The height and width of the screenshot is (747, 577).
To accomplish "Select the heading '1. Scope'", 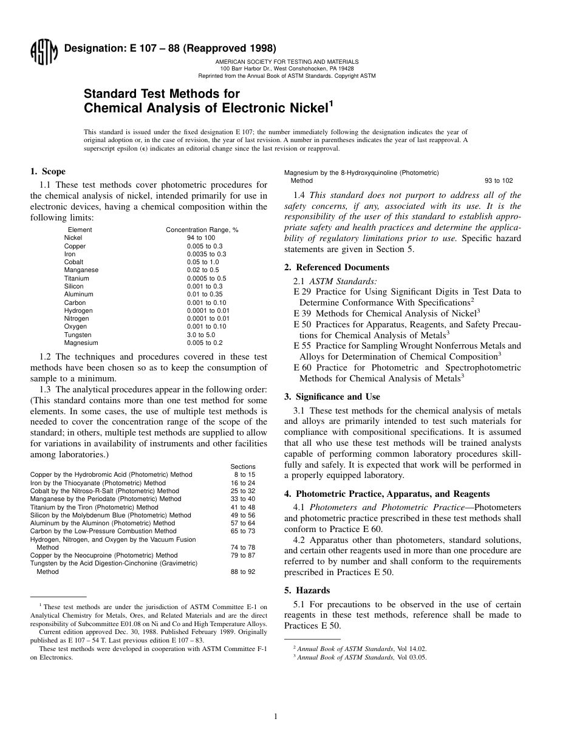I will pyautogui.click(x=48, y=172).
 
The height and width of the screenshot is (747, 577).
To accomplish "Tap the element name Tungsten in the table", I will pyautogui.click(x=78, y=335).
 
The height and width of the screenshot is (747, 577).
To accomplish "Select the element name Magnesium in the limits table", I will pyautogui.click(x=81, y=343).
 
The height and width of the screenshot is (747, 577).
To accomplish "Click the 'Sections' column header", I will pyautogui.click(x=243, y=466).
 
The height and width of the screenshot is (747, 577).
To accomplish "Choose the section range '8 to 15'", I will pyautogui.click(x=244, y=474).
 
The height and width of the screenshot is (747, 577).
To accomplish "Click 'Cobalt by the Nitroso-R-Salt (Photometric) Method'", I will pyautogui.click(x=104, y=491).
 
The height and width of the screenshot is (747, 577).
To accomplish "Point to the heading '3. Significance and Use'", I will pyautogui.click(x=332, y=397).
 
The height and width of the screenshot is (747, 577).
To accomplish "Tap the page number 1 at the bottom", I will pyautogui.click(x=275, y=717).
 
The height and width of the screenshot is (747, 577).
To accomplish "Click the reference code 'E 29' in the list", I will pyautogui.click(x=302, y=292).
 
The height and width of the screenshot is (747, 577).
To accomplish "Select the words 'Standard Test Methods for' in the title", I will pyautogui.click(x=162, y=94).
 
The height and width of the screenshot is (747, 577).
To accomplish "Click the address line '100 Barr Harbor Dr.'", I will pyautogui.click(x=287, y=69).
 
